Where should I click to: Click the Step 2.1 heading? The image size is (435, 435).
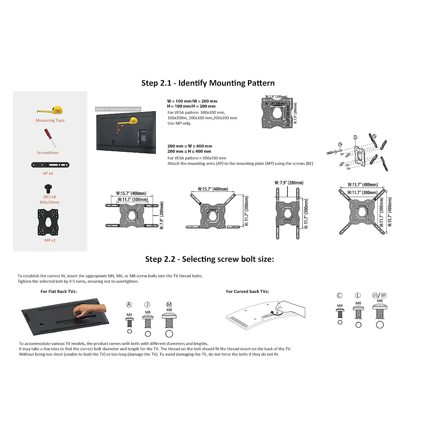(x=208, y=83)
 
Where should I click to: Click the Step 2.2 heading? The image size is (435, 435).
(x=210, y=259)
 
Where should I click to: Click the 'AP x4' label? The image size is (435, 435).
(x=48, y=173)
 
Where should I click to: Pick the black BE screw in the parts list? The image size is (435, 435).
(x=48, y=188)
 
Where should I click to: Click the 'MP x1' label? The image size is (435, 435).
(x=50, y=240)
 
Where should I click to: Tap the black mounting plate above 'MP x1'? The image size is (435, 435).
(x=48, y=222)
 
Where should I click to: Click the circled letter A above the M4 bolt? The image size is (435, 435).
(x=129, y=304)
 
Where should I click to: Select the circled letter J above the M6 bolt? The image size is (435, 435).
(x=147, y=304)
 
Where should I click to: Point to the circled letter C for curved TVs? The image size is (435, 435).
(x=339, y=295)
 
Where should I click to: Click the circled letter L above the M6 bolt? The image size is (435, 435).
(x=358, y=295)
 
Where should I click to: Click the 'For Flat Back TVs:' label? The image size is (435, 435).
(x=59, y=291)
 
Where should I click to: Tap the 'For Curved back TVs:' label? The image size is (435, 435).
(x=247, y=291)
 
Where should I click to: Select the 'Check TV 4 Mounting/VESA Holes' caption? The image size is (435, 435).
(x=118, y=109)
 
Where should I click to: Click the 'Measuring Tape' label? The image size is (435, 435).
(x=50, y=120)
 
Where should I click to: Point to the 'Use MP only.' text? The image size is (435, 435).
(x=179, y=123)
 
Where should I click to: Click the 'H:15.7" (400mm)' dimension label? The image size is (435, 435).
(x=390, y=212)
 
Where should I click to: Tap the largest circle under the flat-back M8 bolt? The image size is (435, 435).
(x=169, y=334)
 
